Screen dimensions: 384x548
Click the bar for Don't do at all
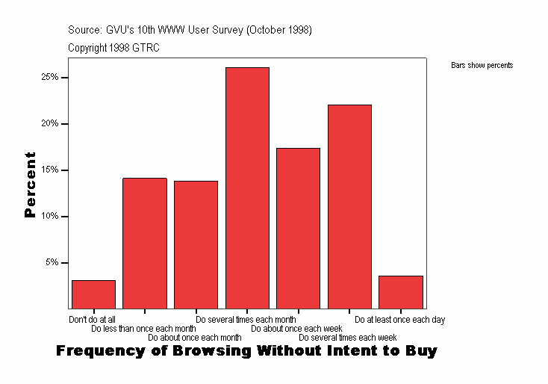click(x=93, y=294)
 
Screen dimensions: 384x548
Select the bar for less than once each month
click(x=145, y=243)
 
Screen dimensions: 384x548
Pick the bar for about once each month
click(x=196, y=244)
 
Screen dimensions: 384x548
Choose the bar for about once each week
click(x=298, y=228)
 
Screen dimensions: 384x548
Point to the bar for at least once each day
click(x=401, y=292)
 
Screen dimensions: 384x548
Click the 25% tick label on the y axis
click(x=50, y=78)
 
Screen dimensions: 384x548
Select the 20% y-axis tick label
click(x=50, y=124)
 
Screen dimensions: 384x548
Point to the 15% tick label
click(x=50, y=170)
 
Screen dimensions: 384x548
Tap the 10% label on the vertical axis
click(x=50, y=217)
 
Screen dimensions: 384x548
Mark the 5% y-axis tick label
click(x=52, y=263)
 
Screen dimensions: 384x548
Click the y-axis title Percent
click(x=30, y=185)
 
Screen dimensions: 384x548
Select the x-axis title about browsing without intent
click(x=246, y=350)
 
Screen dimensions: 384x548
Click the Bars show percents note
click(x=482, y=66)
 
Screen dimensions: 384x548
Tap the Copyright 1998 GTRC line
click(x=113, y=48)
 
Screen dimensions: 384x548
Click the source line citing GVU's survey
click(x=190, y=31)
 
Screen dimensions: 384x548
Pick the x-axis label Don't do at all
click(x=92, y=320)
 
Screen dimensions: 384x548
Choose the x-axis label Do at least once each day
click(x=399, y=320)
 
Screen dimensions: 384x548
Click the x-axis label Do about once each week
click(x=296, y=329)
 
